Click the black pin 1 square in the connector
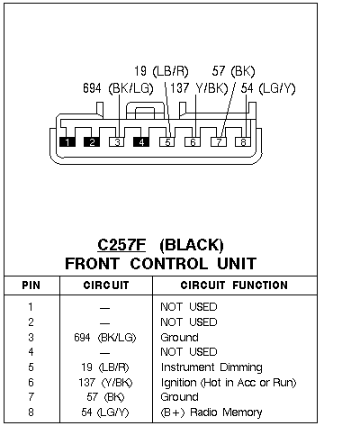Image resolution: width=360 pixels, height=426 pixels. point(67,142)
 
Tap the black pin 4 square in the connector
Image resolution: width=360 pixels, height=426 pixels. point(141,142)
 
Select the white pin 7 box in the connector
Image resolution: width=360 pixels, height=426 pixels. point(219,142)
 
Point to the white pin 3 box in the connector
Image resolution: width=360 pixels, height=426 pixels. point(117,142)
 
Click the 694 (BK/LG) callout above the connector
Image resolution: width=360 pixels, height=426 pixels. point(118,88)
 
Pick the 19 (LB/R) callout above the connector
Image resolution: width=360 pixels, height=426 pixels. point(161,71)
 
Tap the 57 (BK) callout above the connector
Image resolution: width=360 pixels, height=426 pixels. point(234,71)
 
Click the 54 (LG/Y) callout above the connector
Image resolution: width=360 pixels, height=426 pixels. point(268,88)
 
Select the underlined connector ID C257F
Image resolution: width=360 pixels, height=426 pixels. point(121,245)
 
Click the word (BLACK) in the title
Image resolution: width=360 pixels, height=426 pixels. point(192,245)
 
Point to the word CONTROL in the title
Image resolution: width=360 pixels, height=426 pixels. point(169,264)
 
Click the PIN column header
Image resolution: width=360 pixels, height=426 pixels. point(31,286)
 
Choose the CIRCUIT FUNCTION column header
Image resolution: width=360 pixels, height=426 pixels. point(234,286)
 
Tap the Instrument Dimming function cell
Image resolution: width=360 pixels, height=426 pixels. point(211,367)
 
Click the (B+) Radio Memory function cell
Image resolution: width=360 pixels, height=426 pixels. point(211,412)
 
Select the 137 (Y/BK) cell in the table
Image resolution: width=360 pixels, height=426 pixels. point(105,383)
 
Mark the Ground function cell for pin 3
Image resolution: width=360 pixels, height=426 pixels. point(179,338)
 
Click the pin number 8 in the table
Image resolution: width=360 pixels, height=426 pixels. point(31,412)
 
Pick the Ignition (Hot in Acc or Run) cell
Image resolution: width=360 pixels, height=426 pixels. point(229,383)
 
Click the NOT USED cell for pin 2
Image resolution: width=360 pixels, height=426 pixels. point(189,322)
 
